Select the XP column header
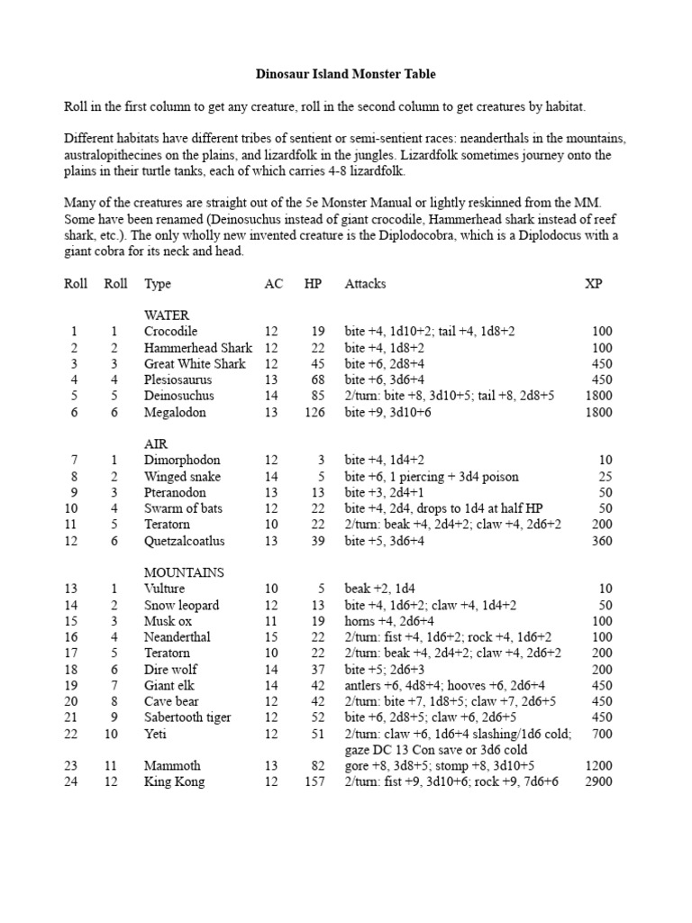pyautogui.click(x=595, y=284)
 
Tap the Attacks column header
pyautogui.click(x=365, y=284)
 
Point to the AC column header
pyautogui.click(x=273, y=284)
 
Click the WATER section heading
pyautogui.click(x=167, y=315)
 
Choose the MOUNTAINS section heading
pyautogui.click(x=185, y=572)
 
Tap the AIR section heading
pyautogui.click(x=156, y=444)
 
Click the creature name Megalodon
pyautogui.click(x=175, y=412)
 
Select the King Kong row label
pyautogui.click(x=174, y=781)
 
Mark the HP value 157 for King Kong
pyautogui.click(x=312, y=781)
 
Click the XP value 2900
pyautogui.click(x=597, y=781)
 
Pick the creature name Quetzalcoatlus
pyautogui.click(x=185, y=541)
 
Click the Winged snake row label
pyautogui.click(x=182, y=477)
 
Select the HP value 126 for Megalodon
pyautogui.click(x=312, y=412)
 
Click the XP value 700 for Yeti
pyautogui.click(x=601, y=734)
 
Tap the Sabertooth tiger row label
pyautogui.click(x=187, y=717)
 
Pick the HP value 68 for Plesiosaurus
pyautogui.click(x=315, y=380)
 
